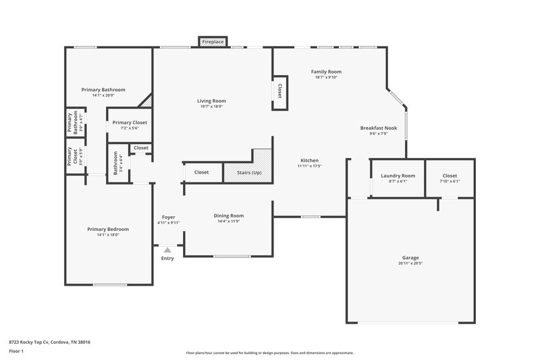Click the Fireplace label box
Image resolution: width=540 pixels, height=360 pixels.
tap(213, 42)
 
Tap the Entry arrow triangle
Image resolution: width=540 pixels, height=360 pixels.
tap(167, 251)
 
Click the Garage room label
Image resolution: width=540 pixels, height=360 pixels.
tap(410, 257)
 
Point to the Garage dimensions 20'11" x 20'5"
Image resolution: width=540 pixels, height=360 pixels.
tap(410, 263)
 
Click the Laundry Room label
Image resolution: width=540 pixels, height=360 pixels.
tap(398, 176)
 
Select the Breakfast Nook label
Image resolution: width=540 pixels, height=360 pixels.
tap(378, 128)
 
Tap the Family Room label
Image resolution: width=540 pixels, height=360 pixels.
tap(326, 72)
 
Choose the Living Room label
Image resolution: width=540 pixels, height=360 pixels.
tap(211, 101)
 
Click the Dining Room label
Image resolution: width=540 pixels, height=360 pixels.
tap(229, 215)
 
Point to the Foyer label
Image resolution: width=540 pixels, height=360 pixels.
tap(168, 217)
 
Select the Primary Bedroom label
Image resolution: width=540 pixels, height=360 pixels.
tap(108, 229)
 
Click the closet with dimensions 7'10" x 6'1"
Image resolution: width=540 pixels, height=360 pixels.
tap(450, 178)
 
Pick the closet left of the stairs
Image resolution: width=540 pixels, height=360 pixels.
tap(201, 172)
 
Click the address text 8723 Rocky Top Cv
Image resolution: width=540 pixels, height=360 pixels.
tap(49, 342)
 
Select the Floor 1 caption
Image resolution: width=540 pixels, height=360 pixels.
tap(16, 351)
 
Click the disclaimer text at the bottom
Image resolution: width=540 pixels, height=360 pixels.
tap(269, 353)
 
